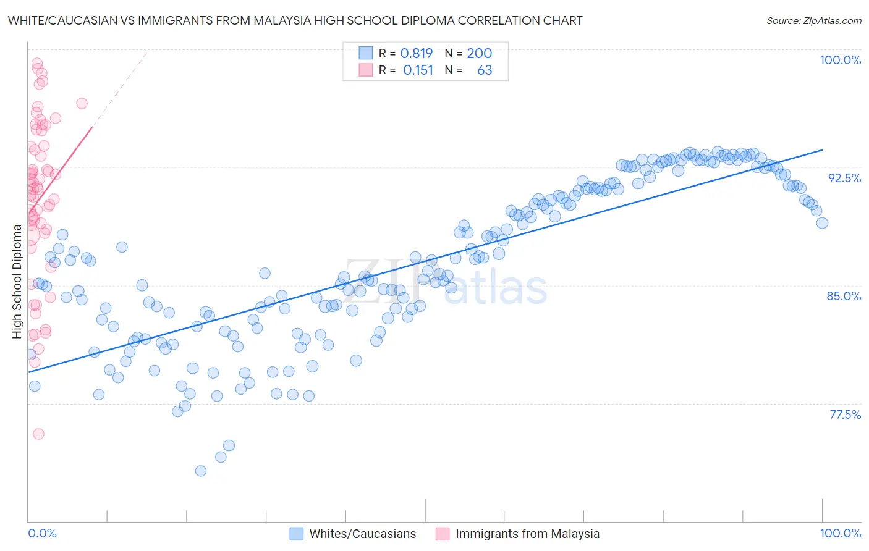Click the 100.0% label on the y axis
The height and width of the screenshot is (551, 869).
point(840,60)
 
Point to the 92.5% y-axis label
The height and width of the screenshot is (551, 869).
point(844,178)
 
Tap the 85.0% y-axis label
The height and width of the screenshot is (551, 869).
point(844,296)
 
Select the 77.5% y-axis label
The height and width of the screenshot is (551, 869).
point(845,414)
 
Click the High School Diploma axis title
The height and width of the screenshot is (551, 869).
point(17,281)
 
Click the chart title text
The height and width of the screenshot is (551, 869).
point(295,21)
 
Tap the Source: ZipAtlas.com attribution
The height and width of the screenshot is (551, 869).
point(813,21)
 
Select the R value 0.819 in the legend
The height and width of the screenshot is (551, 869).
point(416,53)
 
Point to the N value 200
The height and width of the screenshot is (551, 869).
point(479,53)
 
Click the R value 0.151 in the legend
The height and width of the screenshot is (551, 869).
point(418,70)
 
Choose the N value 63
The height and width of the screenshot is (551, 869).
point(485,70)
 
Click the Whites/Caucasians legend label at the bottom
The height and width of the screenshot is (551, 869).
point(362,534)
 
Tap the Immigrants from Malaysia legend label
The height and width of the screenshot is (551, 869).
point(527,534)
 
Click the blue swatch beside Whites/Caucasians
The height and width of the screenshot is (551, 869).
point(297,534)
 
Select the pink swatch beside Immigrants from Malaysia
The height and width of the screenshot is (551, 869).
point(443,534)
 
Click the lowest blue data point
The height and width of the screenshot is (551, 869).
point(201,471)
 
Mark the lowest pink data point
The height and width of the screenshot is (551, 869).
point(38,434)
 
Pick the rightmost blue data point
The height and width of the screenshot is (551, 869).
point(822,223)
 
